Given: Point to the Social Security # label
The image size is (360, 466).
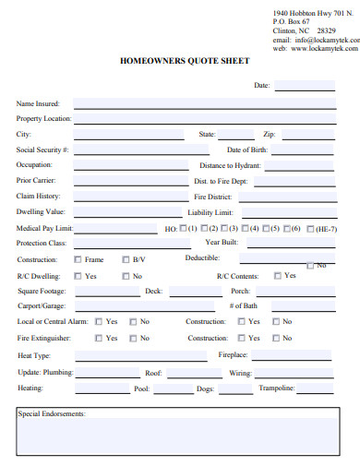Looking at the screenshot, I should click(42, 149).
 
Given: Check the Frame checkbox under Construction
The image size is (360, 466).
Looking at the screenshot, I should click(77, 259).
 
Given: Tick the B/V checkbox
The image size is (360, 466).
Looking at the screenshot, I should click(126, 259).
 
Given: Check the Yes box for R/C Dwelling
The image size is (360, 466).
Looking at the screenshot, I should click(77, 276).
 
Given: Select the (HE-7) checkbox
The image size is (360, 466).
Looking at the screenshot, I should click(310, 228).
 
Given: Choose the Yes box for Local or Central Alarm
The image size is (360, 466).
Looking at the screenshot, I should click(98, 322).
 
